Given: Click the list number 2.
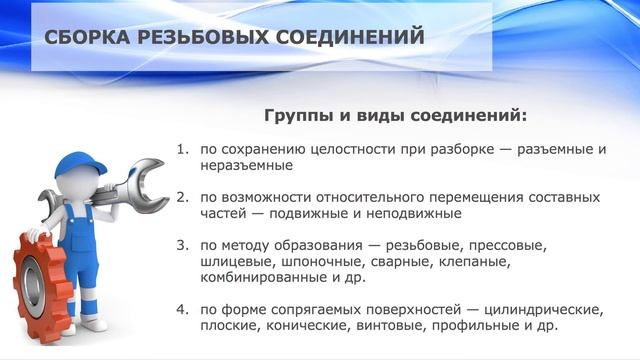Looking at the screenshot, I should coord(182,195).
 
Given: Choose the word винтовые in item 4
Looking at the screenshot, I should coord(402,325).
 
